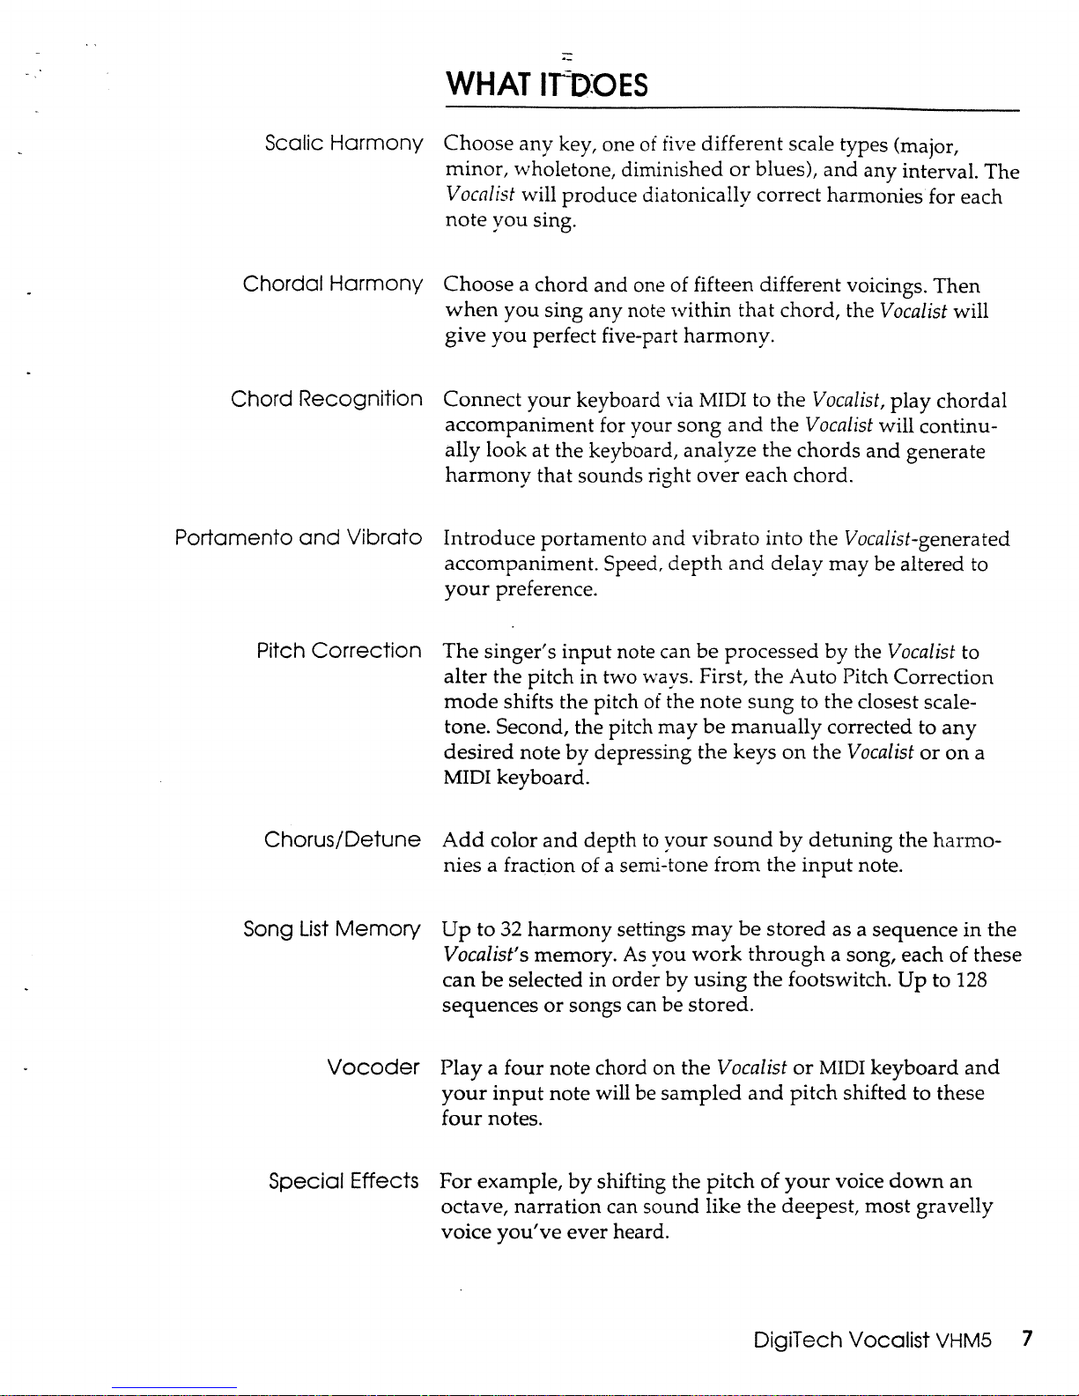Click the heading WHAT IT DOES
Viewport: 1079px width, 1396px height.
coord(546,85)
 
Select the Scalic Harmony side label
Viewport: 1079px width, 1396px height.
coord(344,143)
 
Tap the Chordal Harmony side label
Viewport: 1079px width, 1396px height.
coord(333,284)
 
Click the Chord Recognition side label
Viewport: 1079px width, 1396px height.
coord(327,399)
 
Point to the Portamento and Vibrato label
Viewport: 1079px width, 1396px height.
coord(299,537)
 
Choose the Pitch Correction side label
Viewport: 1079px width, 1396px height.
coord(339,651)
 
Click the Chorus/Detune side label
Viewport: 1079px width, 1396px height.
coord(343,839)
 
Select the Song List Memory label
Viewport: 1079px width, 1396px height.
coord(332,929)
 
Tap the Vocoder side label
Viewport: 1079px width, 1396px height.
coord(373,1067)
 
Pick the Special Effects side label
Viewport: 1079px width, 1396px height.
coord(344,1180)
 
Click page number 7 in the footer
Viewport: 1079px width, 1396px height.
coord(1026,1341)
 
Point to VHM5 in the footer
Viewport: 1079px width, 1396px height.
coord(964,1341)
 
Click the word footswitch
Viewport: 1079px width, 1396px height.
coord(838,980)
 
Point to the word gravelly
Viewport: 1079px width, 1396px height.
coord(954,1206)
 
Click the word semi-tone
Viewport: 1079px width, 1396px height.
coord(663,866)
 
